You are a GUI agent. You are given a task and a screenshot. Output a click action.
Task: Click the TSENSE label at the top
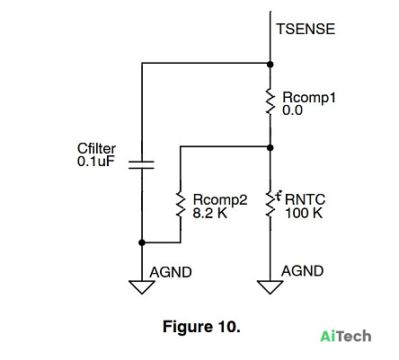click(306, 29)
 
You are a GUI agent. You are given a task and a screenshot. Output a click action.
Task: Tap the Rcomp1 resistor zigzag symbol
click(270, 101)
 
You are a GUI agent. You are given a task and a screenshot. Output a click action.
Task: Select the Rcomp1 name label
click(309, 98)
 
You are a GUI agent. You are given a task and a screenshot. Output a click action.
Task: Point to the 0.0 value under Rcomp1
click(292, 110)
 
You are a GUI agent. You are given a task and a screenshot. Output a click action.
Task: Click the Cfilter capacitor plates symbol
click(142, 165)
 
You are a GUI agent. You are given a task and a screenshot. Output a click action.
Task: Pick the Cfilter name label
click(96, 148)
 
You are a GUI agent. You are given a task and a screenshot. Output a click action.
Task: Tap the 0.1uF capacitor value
click(96, 162)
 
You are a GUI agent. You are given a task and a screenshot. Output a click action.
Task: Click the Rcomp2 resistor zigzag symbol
click(181, 204)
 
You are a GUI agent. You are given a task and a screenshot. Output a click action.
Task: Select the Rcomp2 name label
click(220, 200)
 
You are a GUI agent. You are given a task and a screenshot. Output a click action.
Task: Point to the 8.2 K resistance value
click(210, 213)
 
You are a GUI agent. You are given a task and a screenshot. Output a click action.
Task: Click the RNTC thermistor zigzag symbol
click(270, 204)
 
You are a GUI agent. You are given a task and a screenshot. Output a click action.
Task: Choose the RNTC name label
click(305, 199)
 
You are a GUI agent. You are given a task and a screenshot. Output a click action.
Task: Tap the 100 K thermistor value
click(304, 213)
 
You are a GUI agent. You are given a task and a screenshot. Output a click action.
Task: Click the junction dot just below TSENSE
click(270, 64)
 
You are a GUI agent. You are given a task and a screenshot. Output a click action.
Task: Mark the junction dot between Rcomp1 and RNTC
click(270, 147)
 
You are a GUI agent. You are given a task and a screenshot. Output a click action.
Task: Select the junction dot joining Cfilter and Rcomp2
click(142, 242)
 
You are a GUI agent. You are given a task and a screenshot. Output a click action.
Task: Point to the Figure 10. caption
click(201, 327)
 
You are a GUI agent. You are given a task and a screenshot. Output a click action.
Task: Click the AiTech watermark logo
click(346, 336)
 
